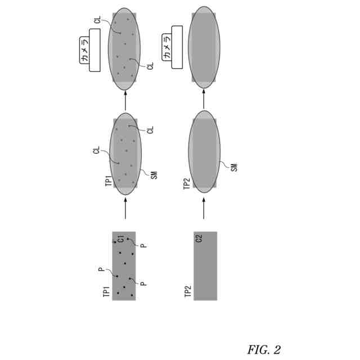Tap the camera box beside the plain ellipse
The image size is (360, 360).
(173, 47)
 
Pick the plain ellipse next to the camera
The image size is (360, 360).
(204, 47)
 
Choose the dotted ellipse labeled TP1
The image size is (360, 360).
(125, 154)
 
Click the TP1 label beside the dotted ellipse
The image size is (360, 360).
(109, 181)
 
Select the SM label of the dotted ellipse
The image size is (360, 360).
(154, 174)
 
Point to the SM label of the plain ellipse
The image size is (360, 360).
(234, 166)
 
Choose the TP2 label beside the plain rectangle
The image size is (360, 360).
(188, 292)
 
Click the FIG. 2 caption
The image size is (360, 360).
(263, 349)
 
